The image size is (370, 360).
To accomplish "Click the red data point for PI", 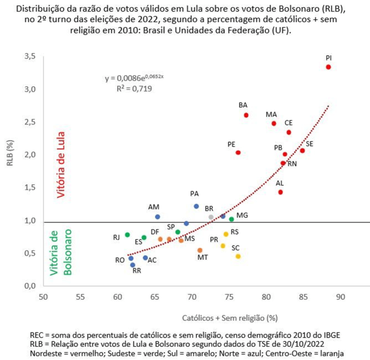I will point(328,67).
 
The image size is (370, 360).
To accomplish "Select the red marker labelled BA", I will point(246,115).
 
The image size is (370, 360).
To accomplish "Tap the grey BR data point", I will point(211,217).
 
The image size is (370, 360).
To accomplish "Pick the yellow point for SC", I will point(238,256).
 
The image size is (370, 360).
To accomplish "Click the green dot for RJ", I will point(127,235).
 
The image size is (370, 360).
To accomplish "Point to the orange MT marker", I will point(200,250).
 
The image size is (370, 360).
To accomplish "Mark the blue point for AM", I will point(158,217).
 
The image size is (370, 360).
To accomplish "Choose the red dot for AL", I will point(281,192).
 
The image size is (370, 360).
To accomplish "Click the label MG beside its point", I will point(242,215).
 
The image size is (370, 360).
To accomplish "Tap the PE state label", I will point(231,144).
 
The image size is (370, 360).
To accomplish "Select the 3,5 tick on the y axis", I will point(30,56).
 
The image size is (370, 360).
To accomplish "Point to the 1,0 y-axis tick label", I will point(30,221).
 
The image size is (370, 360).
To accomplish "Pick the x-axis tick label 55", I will point(80,297).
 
